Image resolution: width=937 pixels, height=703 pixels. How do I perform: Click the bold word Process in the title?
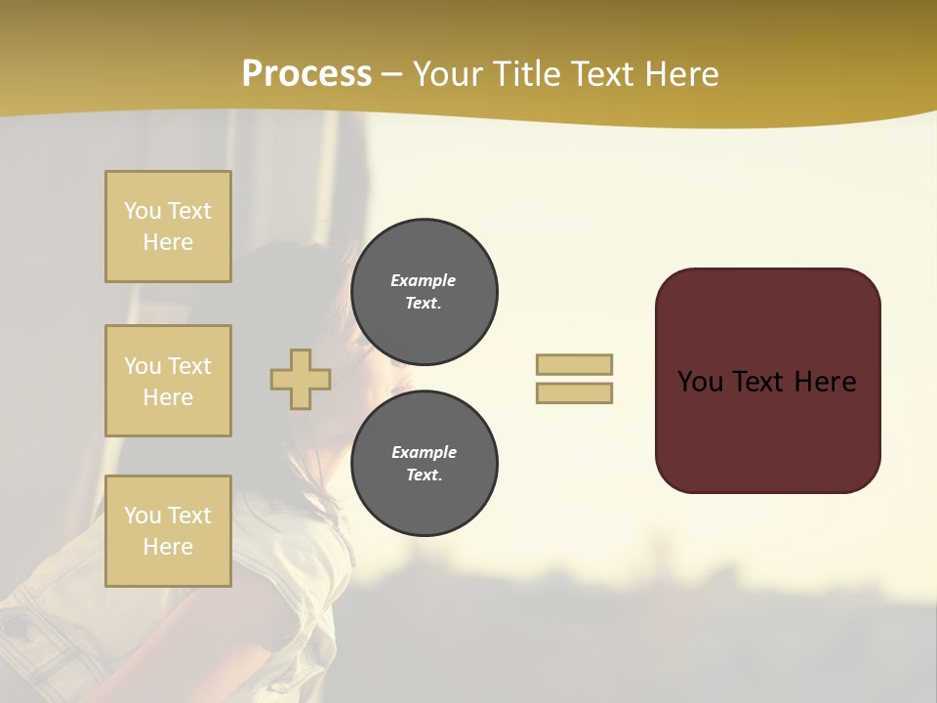306,74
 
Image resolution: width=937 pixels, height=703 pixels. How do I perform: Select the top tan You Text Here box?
168,227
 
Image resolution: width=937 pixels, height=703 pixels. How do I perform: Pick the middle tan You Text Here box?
168,381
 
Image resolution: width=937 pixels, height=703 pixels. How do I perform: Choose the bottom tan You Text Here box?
168,531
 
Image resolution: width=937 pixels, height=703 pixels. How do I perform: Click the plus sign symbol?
301,379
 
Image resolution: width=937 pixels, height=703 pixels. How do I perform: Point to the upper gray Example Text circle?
424,292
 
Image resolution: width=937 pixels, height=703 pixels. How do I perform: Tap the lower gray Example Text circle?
424,464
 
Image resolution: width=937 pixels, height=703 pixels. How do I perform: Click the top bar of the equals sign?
574,364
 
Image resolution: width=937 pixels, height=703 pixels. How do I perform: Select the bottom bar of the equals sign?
574,393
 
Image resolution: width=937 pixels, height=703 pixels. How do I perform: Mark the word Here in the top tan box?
168,242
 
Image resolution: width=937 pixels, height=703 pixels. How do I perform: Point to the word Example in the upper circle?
423,281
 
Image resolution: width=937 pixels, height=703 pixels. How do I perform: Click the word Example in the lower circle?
423,453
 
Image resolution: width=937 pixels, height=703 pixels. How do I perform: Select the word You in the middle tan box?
142,366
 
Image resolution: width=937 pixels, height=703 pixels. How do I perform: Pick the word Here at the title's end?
682,74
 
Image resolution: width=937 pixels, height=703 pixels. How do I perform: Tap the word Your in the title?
450,74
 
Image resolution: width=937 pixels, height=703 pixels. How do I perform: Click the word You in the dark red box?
700,382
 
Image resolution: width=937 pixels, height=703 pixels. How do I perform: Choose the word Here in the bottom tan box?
168,547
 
